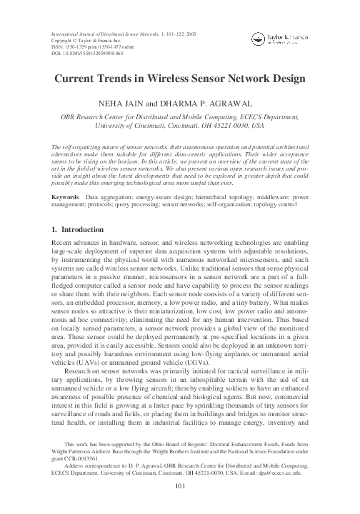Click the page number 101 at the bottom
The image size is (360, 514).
pos(180,488)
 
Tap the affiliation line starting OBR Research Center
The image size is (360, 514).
pos(180,115)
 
